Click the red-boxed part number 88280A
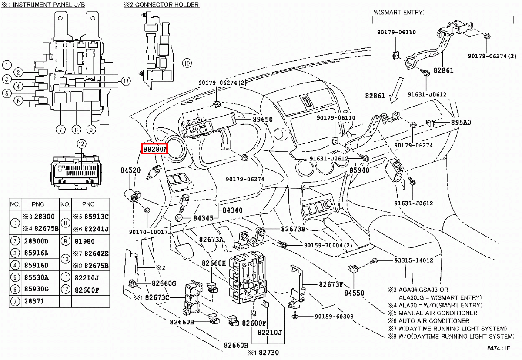tap(154, 149)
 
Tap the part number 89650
tap(263, 119)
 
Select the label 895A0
tap(461, 123)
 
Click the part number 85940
tap(359, 170)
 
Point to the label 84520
tap(130, 170)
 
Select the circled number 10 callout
tap(186, 63)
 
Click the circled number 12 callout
tap(80, 143)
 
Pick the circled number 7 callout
tap(60, 129)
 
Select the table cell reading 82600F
tap(87, 290)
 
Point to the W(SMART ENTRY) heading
tap(398, 13)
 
